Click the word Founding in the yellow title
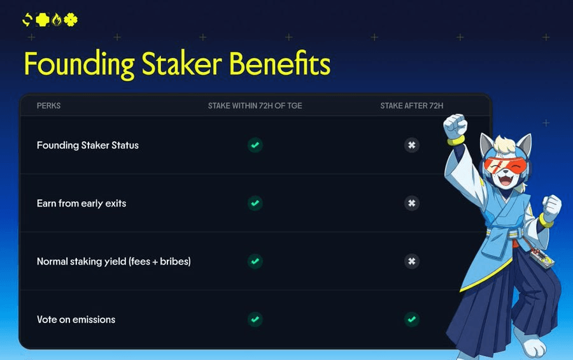click(80, 64)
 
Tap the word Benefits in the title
click(279, 63)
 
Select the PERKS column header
click(48, 106)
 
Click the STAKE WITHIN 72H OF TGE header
click(255, 106)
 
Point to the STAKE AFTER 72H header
click(412, 106)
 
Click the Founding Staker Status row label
click(88, 145)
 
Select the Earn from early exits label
click(81, 203)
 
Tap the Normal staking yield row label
click(114, 261)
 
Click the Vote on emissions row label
click(76, 319)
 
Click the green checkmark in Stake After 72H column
click(412, 319)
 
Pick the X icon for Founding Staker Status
click(412, 145)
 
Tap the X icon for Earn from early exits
click(412, 203)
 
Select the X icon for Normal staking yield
click(412, 261)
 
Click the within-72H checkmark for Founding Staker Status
click(255, 145)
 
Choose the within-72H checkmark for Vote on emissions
click(255, 319)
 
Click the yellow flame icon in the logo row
click(57, 19)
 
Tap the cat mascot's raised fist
click(455, 126)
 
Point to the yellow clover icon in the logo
click(71, 20)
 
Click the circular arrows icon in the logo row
click(27, 20)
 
